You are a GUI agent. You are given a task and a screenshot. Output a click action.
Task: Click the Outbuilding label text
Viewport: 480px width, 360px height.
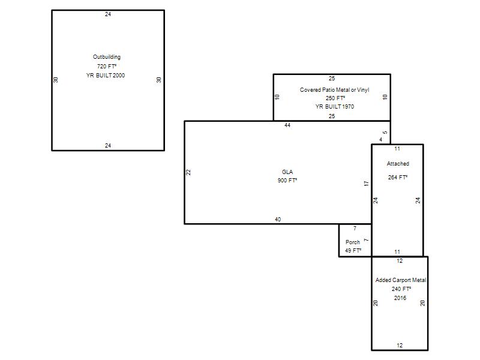point(107,57)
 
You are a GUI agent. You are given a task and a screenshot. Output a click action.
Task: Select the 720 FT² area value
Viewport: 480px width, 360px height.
point(107,66)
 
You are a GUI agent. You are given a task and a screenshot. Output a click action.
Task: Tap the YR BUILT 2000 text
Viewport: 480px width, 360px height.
point(106,76)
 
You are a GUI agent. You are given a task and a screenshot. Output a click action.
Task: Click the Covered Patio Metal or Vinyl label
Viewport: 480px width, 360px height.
point(334,89)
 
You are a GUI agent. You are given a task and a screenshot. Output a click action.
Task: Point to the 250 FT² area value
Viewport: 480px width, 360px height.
point(335,98)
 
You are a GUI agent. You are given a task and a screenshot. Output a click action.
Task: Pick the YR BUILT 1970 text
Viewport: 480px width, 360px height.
point(335,107)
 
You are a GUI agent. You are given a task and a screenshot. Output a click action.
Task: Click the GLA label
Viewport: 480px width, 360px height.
point(287,172)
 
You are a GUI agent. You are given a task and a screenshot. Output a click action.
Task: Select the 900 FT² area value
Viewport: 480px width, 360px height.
point(287,181)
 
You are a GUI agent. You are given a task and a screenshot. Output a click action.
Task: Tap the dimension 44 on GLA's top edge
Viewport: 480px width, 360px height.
point(287,125)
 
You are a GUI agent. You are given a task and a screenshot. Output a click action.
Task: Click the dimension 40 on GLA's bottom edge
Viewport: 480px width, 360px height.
point(278,219)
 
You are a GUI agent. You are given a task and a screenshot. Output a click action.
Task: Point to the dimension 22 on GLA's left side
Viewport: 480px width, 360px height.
point(188,172)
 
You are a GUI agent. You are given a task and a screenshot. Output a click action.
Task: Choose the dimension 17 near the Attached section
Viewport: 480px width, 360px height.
point(366,184)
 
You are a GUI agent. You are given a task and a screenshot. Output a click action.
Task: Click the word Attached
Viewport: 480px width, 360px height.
point(398,163)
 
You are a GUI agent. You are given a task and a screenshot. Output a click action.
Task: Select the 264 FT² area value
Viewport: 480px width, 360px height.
point(398,177)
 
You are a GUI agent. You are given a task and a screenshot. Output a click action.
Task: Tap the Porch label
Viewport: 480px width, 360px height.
point(353,242)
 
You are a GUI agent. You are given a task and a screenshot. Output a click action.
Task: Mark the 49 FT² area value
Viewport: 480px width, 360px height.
point(353,250)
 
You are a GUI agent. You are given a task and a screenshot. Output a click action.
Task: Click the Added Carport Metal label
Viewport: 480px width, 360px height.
point(400,280)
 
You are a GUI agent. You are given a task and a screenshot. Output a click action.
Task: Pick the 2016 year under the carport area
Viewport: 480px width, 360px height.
point(400,298)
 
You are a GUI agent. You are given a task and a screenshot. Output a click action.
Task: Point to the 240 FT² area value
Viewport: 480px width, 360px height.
point(401,289)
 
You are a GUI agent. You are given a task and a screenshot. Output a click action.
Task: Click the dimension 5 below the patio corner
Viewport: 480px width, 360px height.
point(385,133)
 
